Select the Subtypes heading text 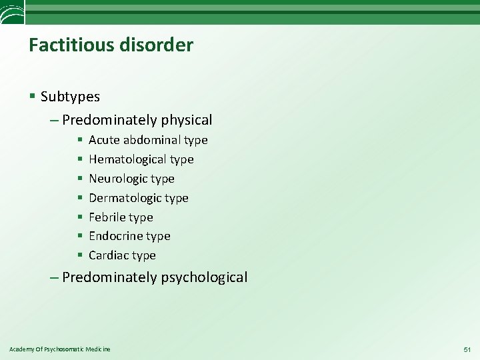point(70,97)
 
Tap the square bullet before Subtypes point(33,97)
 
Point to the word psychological point(204,277)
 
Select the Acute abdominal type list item point(148,140)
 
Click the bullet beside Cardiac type point(79,255)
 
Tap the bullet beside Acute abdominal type point(79,140)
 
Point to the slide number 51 point(467,349)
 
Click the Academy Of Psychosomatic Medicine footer point(60,349)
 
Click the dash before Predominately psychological point(53,277)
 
